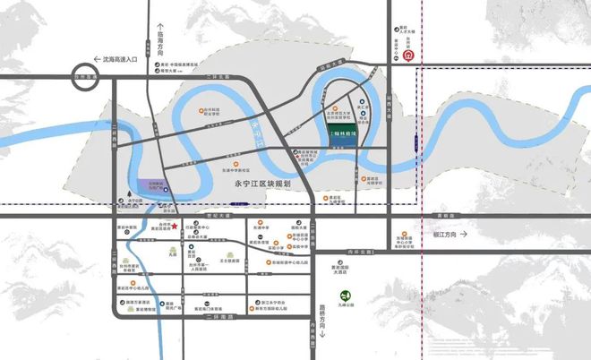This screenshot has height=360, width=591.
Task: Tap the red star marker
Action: [x=178, y=225]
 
